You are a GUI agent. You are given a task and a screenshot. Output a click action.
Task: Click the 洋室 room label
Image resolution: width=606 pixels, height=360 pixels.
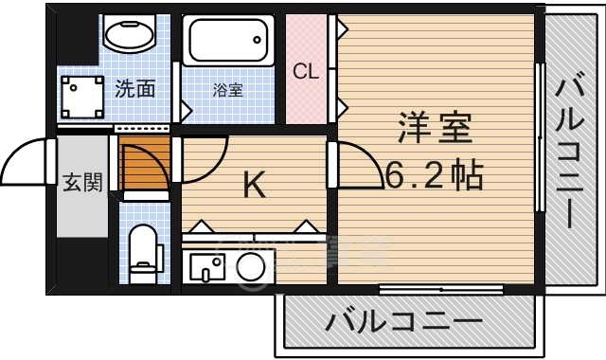435,129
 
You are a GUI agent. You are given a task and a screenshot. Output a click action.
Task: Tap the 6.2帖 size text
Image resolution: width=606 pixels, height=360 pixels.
435,173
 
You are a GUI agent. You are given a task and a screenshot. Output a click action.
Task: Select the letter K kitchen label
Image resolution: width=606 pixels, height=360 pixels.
254,185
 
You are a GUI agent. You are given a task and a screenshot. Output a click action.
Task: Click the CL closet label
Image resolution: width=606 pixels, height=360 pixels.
305,71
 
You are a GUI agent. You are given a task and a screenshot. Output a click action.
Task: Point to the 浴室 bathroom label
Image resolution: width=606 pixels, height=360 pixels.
227,91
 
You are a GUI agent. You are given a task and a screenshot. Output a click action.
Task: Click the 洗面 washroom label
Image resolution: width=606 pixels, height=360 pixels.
135,91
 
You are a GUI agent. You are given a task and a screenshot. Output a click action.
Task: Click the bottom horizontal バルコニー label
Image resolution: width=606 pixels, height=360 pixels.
404,322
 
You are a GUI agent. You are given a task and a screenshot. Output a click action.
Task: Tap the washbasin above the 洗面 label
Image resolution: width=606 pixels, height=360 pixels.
131,36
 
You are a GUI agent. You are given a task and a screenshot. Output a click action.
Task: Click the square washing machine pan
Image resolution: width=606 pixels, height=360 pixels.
84,96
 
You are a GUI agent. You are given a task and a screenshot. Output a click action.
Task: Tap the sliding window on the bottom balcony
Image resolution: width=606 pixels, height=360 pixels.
427,288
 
